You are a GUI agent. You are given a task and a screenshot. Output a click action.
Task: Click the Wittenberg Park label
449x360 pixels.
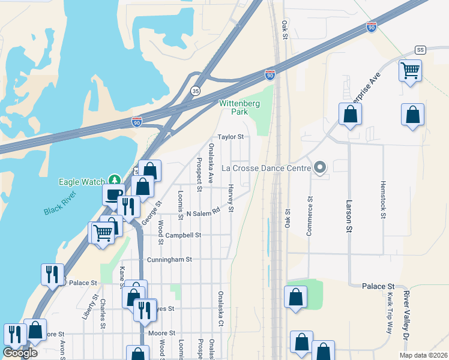[233, 107]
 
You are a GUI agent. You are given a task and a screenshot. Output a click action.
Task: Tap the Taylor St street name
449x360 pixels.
[231, 137]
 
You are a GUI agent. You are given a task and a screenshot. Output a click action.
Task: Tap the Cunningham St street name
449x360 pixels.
[169, 260]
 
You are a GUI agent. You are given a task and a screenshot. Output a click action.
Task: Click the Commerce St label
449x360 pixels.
[310, 216]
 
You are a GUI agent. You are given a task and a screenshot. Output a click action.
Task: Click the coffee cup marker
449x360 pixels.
[113, 194]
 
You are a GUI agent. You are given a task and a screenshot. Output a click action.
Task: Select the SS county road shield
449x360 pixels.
[420, 50]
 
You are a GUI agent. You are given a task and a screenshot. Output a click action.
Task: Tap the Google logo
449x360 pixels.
[20, 353]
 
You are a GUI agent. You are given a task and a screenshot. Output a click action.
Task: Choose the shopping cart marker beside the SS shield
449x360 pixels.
[411, 70]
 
